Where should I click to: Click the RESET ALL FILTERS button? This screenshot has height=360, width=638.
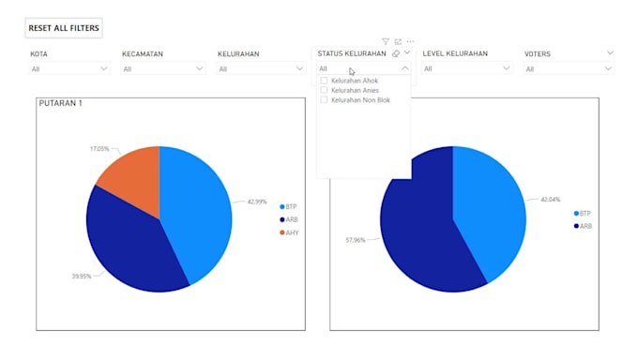pos(64,28)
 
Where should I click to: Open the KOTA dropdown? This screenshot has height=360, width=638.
pos(70,68)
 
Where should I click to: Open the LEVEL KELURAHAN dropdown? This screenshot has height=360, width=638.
pos(465,68)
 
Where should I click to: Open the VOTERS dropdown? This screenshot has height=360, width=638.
pos(568,68)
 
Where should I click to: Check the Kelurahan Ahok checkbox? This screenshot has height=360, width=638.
pos(325,81)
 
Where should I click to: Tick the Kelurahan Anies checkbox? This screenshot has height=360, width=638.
pos(325,90)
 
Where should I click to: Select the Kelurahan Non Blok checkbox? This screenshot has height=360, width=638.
pos(325,99)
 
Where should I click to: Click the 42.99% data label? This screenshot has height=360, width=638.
pos(257,202)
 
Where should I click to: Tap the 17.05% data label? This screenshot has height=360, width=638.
pos(99,149)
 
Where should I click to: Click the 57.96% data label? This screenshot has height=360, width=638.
pos(356,240)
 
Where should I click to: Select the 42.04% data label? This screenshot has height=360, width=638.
pos(550,200)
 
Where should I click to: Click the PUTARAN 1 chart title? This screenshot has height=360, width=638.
pos(60,103)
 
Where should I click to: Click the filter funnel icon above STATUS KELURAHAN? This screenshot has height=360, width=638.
pos(386,41)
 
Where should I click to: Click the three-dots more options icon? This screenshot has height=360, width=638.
pos(410,41)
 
